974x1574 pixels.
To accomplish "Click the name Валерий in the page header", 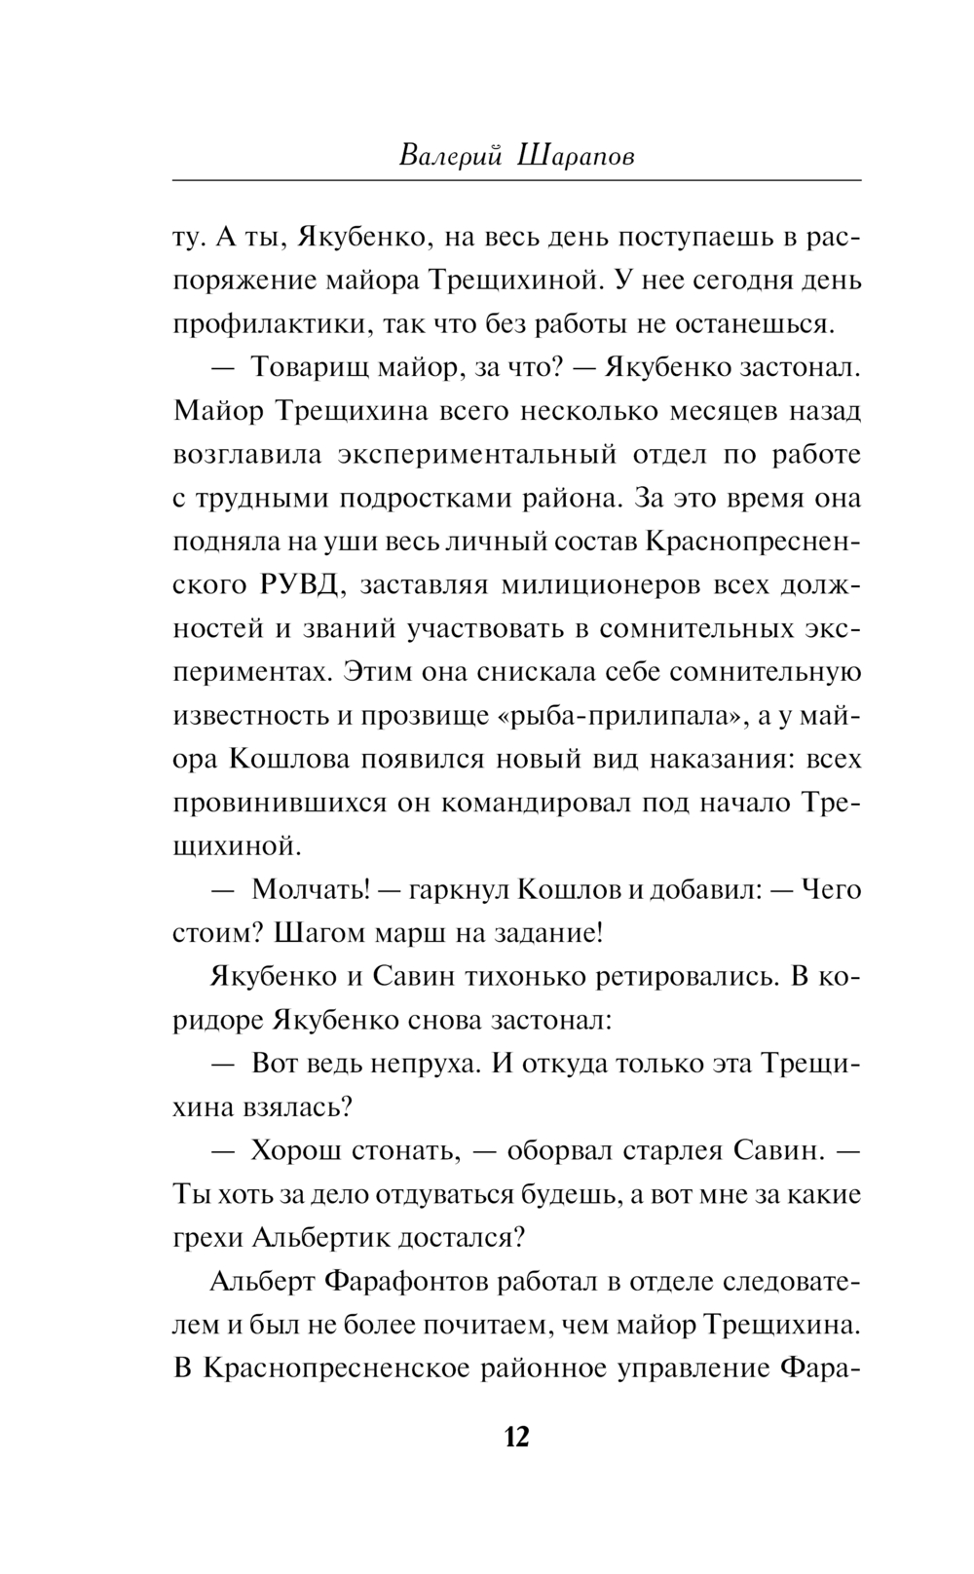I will (x=449, y=156).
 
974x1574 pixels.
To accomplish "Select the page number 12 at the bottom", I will (x=516, y=1437).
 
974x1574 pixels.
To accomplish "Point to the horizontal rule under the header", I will (x=516, y=181).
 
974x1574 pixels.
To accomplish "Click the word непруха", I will (x=428, y=1064).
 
